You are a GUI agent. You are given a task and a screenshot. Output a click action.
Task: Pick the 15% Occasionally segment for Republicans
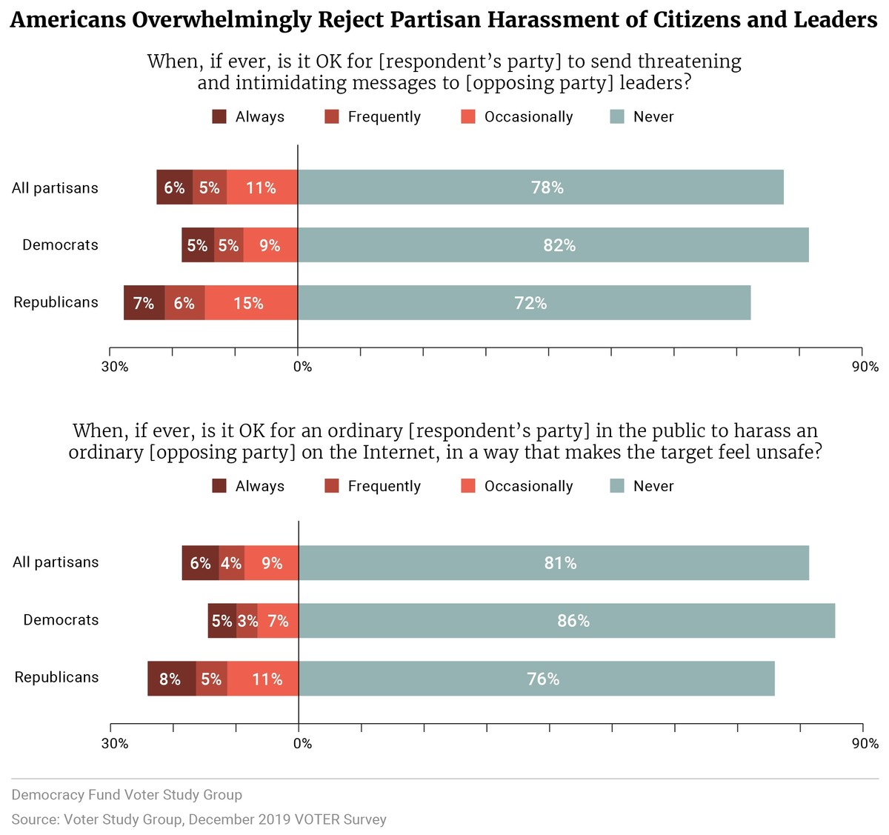(x=250, y=302)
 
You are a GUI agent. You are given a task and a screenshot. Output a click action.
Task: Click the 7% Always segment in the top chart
(x=144, y=302)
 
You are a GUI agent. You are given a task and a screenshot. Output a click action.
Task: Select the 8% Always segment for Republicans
(x=171, y=678)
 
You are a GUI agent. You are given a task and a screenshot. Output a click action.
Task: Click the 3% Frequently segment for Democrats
(x=247, y=620)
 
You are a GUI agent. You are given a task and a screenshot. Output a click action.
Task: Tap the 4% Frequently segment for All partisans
(x=231, y=562)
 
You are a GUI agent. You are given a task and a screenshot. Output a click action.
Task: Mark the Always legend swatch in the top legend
(x=219, y=116)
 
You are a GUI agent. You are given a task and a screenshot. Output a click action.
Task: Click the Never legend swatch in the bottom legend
(x=617, y=486)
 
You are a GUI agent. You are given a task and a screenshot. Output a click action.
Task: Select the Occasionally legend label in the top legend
(x=528, y=116)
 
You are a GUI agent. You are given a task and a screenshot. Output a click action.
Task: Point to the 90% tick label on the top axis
(x=865, y=367)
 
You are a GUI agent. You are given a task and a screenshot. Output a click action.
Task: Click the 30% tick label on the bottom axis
(x=115, y=743)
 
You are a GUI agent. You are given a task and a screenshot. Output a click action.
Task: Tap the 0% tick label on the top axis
(x=303, y=367)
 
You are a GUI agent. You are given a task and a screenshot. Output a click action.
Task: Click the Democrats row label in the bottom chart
(x=61, y=620)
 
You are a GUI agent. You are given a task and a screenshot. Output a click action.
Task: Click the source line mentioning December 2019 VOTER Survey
(x=199, y=819)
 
